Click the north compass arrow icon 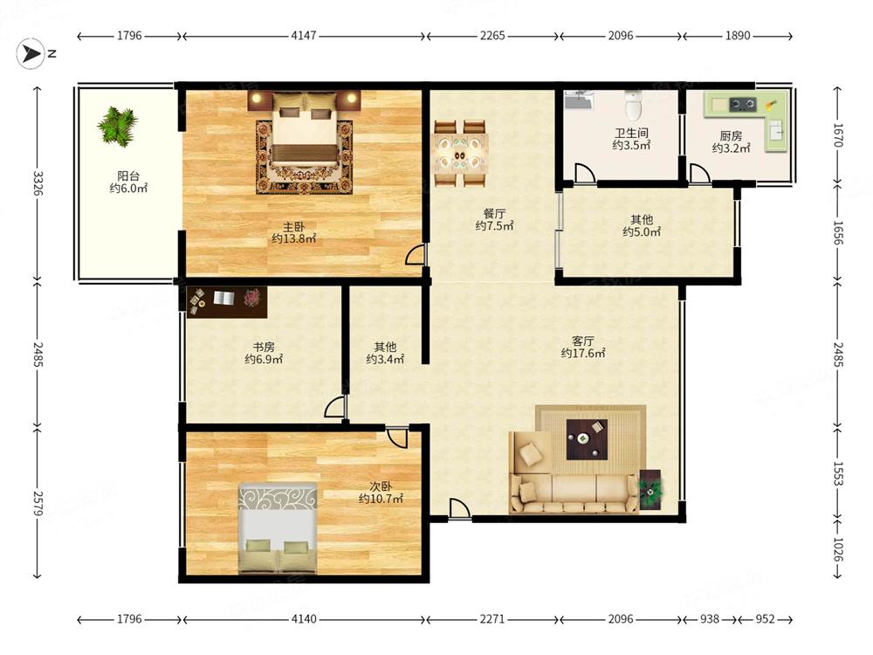31,54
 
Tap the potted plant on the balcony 118,126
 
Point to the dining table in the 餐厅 460,153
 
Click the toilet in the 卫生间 634,106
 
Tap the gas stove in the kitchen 743,104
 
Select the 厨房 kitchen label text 731,136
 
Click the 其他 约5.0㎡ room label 642,225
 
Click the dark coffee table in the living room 587,439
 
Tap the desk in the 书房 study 227,302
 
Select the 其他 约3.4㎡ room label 385,353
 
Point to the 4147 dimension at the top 304,36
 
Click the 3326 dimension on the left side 38,183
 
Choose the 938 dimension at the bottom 709,619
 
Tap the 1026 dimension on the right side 838,548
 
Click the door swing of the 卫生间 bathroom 584,172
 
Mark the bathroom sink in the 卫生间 578,100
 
